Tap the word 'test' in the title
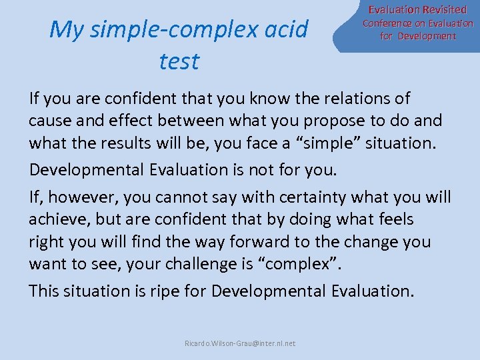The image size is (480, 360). click(x=179, y=61)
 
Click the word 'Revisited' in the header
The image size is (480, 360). click(x=440, y=10)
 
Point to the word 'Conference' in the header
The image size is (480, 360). click(x=387, y=23)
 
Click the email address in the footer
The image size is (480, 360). click(x=240, y=343)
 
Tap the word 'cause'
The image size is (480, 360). click(x=49, y=122)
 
